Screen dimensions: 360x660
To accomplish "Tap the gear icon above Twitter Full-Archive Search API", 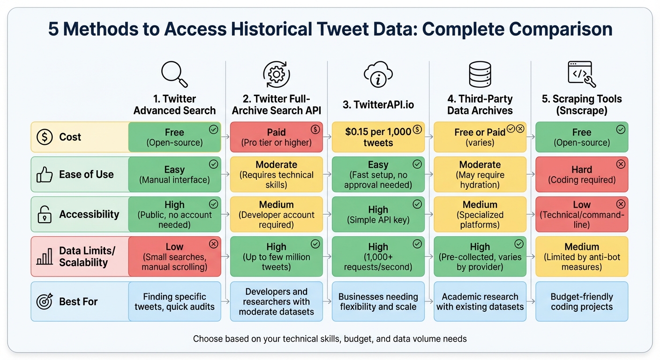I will pyautogui.click(x=276, y=75).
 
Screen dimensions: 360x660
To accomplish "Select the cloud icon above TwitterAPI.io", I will pyautogui.click(x=378, y=75).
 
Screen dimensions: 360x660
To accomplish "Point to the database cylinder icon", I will pyautogui.click(x=480, y=75).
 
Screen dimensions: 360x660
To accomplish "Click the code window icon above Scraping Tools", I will pyautogui.click(x=581, y=75).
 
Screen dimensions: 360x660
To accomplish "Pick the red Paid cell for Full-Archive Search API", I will pyautogui.click(x=276, y=137).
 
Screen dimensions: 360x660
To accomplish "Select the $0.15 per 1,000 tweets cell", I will pyautogui.click(x=378, y=137).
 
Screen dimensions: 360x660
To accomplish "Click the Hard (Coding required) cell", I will pyautogui.click(x=582, y=174).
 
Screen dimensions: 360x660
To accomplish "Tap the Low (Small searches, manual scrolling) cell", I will pyautogui.click(x=174, y=256).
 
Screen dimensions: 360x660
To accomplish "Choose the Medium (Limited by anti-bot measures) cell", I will pyautogui.click(x=582, y=256).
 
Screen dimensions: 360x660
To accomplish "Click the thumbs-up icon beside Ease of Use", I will pyautogui.click(x=45, y=175).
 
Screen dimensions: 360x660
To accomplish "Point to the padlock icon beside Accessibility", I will pyautogui.click(x=45, y=215).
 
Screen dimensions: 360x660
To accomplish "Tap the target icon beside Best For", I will pyautogui.click(x=45, y=301).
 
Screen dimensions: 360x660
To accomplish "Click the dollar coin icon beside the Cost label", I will pyautogui.click(x=45, y=137).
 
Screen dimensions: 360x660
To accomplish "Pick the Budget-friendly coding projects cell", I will pyautogui.click(x=582, y=301).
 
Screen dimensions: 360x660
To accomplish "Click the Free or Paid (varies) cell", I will pyautogui.click(x=480, y=137).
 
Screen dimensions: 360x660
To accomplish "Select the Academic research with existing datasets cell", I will pyautogui.click(x=480, y=301).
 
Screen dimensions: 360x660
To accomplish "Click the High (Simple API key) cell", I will pyautogui.click(x=378, y=214).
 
